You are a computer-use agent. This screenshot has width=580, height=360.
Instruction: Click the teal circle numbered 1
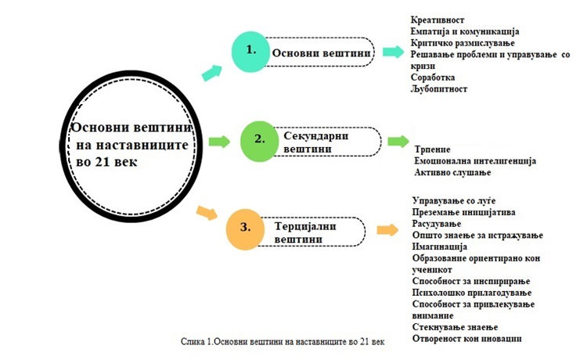click(250, 52)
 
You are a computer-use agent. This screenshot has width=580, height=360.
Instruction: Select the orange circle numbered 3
click(245, 229)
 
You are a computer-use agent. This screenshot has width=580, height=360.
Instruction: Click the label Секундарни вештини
click(316, 142)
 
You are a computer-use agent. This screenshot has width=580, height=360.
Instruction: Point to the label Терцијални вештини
click(305, 232)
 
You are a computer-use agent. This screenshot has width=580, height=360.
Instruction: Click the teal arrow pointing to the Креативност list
click(393, 52)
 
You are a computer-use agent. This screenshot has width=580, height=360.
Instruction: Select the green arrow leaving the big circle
click(219, 142)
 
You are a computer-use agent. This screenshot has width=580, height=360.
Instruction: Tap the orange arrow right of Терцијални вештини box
click(387, 230)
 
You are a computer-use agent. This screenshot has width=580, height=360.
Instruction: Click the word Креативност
click(438, 20)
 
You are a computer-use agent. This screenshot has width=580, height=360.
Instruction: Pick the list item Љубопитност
click(438, 88)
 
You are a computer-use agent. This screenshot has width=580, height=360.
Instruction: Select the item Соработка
click(432, 77)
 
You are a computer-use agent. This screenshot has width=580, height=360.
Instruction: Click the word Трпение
click(432, 149)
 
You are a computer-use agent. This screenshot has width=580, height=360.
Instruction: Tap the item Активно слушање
click(452, 172)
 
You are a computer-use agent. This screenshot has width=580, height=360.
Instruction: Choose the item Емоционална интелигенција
click(475, 161)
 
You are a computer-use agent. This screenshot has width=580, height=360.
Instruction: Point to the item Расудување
click(437, 224)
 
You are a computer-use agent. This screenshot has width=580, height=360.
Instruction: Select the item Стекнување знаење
click(455, 327)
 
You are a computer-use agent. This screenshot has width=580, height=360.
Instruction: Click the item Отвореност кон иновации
click(467, 339)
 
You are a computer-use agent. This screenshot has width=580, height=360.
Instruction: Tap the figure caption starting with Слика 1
click(283, 341)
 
